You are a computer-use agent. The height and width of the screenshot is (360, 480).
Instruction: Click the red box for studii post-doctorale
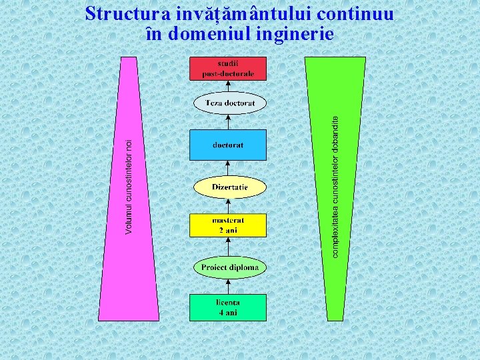(x=228, y=69)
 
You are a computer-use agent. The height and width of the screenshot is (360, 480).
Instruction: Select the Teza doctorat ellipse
(x=230, y=103)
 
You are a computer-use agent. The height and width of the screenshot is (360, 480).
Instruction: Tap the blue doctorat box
(x=228, y=145)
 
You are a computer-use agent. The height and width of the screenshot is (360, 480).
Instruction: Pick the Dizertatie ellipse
(x=230, y=187)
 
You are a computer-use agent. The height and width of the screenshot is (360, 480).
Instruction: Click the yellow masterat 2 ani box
(x=228, y=225)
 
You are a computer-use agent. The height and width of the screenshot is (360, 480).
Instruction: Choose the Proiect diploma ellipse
(x=230, y=267)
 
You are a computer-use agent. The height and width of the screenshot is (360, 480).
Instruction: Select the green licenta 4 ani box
(x=228, y=307)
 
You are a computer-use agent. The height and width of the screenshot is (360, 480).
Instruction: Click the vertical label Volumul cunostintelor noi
(x=129, y=187)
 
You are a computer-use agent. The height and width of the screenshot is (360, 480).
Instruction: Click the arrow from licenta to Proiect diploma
(x=228, y=286)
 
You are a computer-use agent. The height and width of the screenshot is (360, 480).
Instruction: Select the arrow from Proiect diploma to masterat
(x=228, y=247)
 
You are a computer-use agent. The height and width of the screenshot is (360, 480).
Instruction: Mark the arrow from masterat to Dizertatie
(x=228, y=206)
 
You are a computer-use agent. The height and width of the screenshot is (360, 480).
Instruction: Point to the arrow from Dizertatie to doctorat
(x=228, y=168)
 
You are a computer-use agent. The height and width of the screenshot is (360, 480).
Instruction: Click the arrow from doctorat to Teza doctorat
(x=228, y=122)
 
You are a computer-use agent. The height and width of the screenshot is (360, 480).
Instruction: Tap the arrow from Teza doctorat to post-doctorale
(x=228, y=87)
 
